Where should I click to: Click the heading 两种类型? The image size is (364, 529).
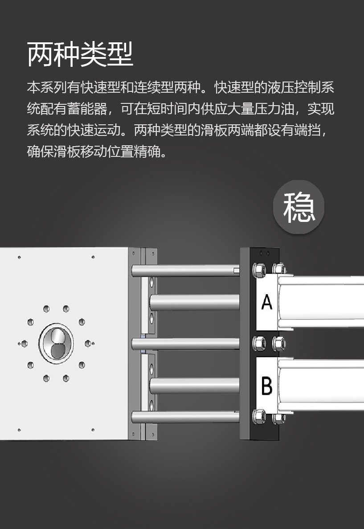(80, 54)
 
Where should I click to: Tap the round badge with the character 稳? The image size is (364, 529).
(299, 207)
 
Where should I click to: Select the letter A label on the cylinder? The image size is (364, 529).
(266, 302)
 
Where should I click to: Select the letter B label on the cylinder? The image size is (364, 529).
(266, 385)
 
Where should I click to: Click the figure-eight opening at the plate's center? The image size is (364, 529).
(56, 344)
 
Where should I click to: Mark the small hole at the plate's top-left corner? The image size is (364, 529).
(19, 257)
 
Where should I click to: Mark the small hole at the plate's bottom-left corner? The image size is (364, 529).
(19, 430)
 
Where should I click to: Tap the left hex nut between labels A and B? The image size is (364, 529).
(259, 344)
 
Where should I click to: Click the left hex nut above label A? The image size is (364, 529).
(259, 270)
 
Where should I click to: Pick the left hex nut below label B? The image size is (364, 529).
(259, 417)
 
